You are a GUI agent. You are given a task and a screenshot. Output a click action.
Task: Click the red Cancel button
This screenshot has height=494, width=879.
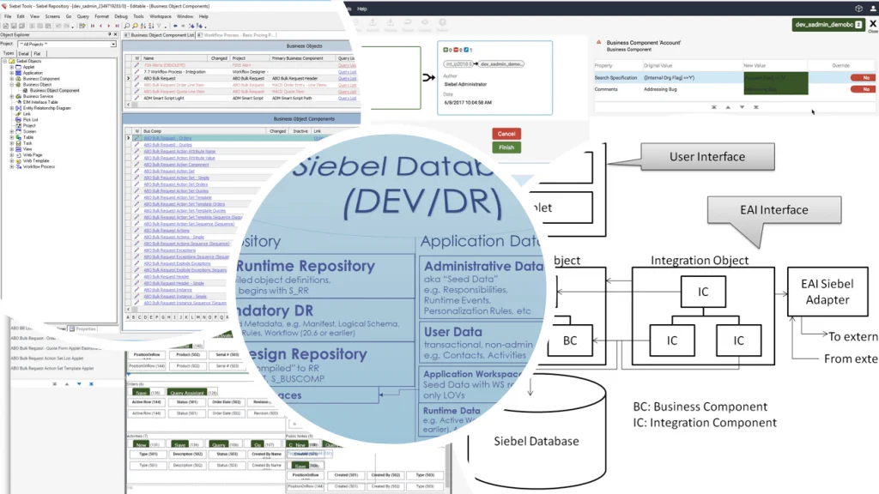(x=506, y=134)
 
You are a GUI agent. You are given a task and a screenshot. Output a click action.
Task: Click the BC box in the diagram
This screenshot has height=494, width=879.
(x=570, y=340)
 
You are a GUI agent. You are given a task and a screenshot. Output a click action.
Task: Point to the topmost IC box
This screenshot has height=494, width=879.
(x=703, y=292)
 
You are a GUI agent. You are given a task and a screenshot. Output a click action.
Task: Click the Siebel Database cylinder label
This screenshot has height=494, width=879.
(x=536, y=442)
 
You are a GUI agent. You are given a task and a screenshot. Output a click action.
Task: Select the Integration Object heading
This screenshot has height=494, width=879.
(x=700, y=260)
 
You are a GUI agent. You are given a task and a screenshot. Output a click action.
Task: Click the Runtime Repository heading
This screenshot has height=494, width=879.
(x=305, y=267)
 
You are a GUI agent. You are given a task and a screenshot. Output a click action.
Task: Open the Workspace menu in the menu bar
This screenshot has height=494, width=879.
(x=161, y=16)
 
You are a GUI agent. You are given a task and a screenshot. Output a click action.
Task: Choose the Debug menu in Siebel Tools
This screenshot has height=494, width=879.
(x=120, y=16)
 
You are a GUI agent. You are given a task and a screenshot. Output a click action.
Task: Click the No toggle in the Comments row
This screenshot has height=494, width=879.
(x=864, y=89)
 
